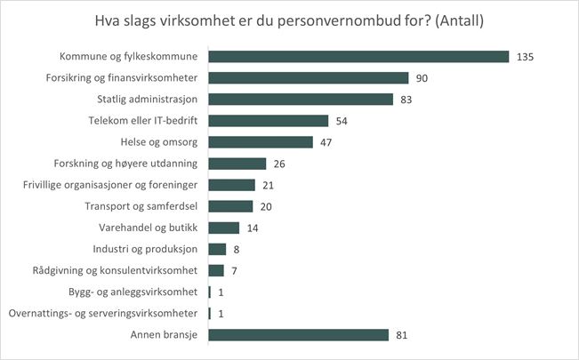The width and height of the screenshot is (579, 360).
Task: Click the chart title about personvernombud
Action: click(289, 20)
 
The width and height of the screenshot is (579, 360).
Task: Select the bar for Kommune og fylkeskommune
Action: click(358, 56)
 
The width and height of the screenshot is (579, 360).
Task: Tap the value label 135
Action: click(525, 56)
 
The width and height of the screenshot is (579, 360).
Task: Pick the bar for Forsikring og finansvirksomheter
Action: click(308, 77)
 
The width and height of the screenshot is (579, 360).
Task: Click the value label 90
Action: click(422, 77)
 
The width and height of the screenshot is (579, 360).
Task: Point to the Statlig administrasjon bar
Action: click(301, 99)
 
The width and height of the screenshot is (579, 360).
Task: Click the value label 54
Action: click(342, 120)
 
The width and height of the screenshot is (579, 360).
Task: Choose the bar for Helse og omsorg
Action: click(261, 142)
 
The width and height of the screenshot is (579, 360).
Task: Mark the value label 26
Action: click(280, 164)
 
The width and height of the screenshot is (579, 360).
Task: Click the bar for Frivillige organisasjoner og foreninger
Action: click(231, 185)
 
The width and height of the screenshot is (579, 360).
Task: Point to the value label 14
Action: click(253, 228)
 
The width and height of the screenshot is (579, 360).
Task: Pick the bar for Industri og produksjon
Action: click(217, 249)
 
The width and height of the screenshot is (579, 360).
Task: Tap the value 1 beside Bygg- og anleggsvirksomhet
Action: click(221, 292)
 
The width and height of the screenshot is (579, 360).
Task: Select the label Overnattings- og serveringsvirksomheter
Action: click(102, 313)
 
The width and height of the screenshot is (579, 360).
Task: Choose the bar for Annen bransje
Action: click(298, 334)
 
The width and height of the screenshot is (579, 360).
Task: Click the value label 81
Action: click(402, 334)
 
